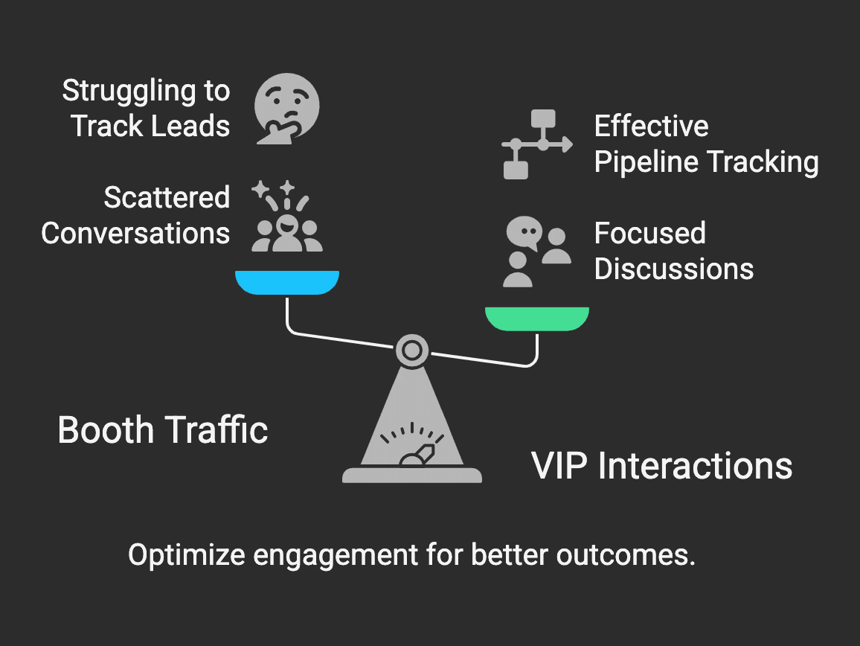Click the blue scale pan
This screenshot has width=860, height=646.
[287, 282]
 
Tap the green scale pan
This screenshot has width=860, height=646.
[537, 318]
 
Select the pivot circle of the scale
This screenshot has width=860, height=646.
[411, 349]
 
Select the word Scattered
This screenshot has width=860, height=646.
[167, 198]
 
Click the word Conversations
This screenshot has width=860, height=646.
[135, 234]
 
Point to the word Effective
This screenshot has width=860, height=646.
[651, 127]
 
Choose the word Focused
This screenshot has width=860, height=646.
[649, 234]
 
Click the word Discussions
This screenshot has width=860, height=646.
[674, 269]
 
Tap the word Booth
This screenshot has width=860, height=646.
[106, 431]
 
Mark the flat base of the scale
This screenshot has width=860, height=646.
[411, 474]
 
